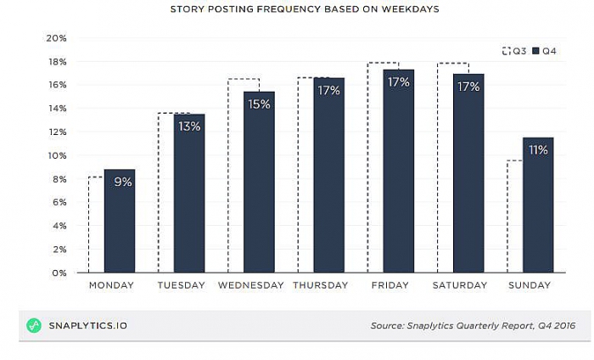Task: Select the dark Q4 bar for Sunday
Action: point(537,212)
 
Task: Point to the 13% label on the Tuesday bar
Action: point(189,127)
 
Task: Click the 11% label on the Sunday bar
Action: point(538,150)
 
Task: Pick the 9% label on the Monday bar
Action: point(120,182)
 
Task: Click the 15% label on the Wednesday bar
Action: point(259,104)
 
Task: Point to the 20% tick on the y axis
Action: point(56,38)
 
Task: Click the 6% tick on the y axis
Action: point(59,202)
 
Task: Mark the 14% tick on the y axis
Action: point(56,109)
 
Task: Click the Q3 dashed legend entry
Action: point(514,51)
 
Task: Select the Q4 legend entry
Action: point(544,51)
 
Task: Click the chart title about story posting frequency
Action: point(298,9)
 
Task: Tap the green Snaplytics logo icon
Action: point(34,325)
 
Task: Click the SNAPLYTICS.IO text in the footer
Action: point(87,325)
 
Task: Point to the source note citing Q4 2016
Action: point(473,325)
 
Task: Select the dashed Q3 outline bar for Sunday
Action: point(514,217)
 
